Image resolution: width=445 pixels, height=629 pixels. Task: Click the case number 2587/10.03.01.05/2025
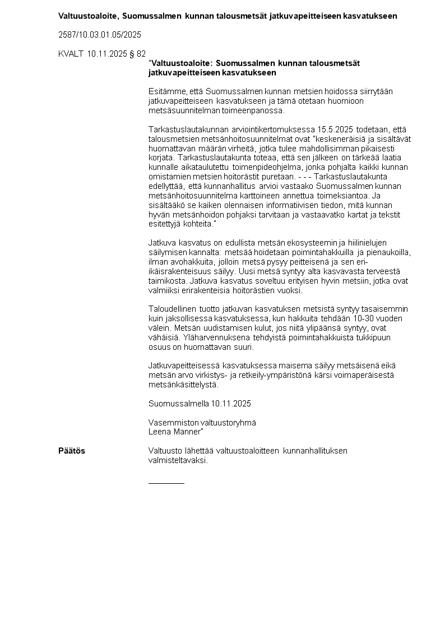click(x=99, y=35)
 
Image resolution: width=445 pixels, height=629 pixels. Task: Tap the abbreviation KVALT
click(x=71, y=54)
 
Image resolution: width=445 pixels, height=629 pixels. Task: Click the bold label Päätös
click(x=72, y=451)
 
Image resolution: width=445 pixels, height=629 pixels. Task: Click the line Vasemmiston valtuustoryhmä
click(x=202, y=423)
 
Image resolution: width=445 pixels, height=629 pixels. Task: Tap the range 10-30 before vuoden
click(x=358, y=318)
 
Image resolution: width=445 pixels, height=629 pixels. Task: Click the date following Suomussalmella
click(x=231, y=404)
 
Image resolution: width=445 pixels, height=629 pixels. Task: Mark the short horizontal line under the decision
click(x=166, y=483)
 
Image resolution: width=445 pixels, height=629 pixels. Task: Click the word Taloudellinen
click(x=173, y=309)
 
